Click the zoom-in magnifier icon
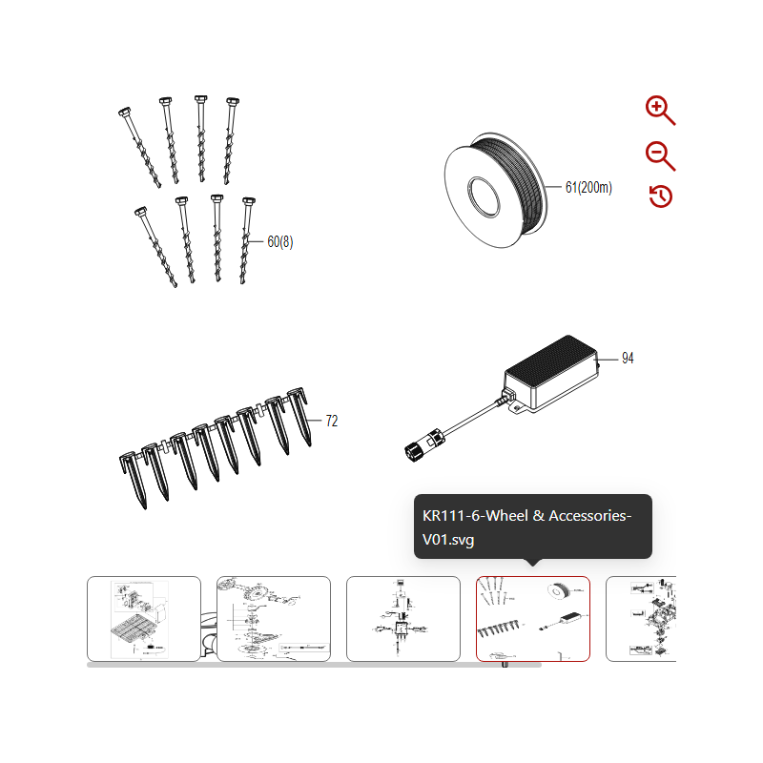[x=659, y=110]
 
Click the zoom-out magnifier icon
[x=659, y=155]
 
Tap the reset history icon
[x=660, y=196]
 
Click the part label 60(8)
[x=279, y=242]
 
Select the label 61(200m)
[x=588, y=188]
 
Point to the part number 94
[x=628, y=359]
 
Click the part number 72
[x=332, y=421]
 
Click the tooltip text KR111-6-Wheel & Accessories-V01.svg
[x=526, y=527]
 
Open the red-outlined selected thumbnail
[x=532, y=618]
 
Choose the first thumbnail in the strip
[x=144, y=618]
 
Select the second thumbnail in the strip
[x=274, y=618]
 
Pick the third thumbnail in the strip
[x=402, y=618]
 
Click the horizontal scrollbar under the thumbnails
[x=315, y=665]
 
